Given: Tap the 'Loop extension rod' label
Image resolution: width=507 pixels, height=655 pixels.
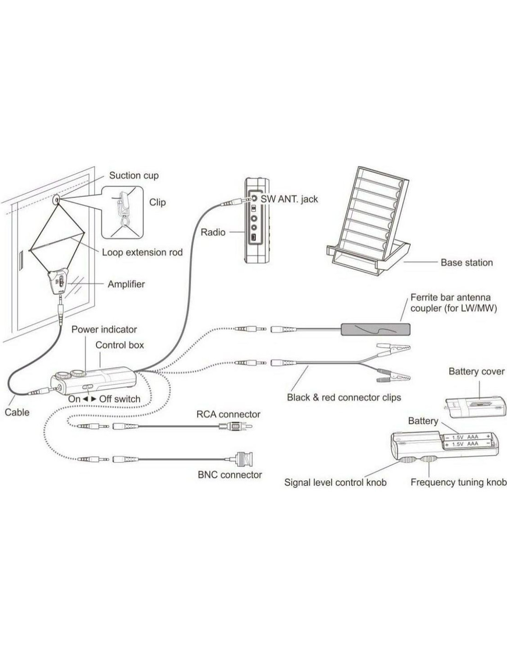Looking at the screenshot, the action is coord(142,252).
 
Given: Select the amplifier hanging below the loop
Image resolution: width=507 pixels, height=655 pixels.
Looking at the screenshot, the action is coord(59,282).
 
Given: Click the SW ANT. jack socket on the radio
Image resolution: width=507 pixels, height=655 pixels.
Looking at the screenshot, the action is coord(255,198).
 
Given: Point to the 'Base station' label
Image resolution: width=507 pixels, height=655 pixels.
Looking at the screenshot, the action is coord(466,262).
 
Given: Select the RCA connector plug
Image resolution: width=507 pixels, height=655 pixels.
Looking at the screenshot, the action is coord(236,426).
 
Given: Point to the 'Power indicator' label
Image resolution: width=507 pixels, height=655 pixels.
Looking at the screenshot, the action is coord(104,329).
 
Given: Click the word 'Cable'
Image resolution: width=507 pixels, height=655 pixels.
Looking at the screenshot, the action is coord(17,412).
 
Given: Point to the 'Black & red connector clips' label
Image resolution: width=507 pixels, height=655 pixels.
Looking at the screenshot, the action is coord(344,397).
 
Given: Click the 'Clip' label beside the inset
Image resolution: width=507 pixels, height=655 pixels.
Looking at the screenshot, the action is coord(158,202).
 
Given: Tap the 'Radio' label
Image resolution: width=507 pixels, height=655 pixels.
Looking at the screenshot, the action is coord(213,232).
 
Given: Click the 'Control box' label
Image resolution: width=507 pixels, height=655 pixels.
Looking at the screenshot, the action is coord(120,345).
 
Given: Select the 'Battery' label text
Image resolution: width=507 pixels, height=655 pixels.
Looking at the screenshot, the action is coord(423,421).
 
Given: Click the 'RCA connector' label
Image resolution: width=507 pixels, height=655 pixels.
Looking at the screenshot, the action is coord(228,414).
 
